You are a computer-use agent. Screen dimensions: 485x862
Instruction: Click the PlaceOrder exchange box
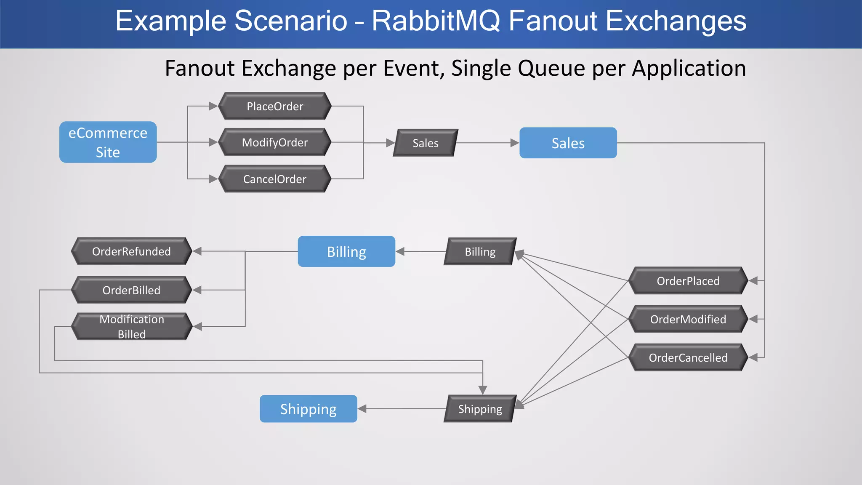coord(275,106)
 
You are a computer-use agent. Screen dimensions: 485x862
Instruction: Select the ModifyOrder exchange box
coord(275,142)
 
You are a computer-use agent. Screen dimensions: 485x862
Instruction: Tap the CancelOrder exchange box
coord(275,179)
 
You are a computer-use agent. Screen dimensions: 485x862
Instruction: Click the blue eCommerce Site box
coord(108,142)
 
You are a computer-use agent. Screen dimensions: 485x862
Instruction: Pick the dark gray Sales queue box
coord(425,143)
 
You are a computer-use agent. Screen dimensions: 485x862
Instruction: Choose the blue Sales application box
coord(568,143)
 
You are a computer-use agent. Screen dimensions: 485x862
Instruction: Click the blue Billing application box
coord(346,251)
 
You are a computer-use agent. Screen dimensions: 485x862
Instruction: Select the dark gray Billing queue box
coord(480,252)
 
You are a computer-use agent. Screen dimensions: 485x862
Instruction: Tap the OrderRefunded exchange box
coord(131,251)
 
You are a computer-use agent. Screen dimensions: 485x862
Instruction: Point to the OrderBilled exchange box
coord(131,290)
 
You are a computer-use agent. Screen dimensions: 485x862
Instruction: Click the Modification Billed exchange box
coord(131,326)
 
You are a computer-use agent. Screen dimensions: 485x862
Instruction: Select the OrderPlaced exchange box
coord(688,281)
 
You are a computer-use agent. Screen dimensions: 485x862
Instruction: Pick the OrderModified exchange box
coord(688,319)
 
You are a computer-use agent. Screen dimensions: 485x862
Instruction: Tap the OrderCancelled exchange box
coord(688,357)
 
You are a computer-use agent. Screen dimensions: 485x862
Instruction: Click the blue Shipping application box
coord(308,409)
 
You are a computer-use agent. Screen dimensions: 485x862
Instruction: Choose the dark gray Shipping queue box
coord(480,409)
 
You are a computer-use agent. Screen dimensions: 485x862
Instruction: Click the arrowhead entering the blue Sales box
coord(514,143)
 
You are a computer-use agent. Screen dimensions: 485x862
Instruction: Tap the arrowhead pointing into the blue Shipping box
coord(362,409)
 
